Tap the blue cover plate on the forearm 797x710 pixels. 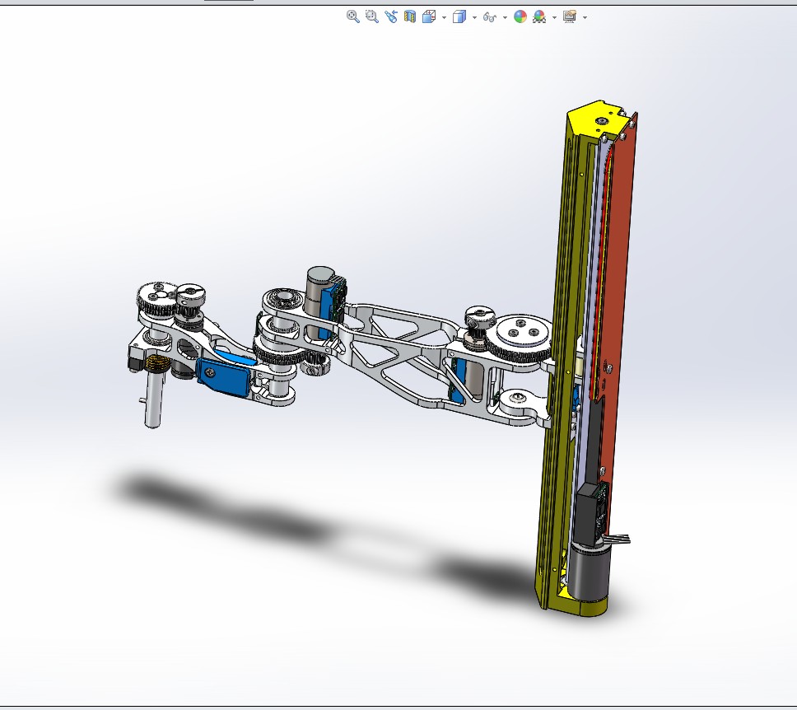point(224,378)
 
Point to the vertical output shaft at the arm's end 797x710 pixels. point(152,399)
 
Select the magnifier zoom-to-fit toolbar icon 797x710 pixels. point(352,16)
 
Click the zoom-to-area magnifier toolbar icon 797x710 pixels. point(371,16)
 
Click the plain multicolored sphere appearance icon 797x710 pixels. point(520,16)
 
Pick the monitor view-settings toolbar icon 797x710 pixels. point(569,16)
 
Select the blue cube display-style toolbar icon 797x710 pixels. point(459,16)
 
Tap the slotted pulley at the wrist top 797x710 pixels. point(191,292)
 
